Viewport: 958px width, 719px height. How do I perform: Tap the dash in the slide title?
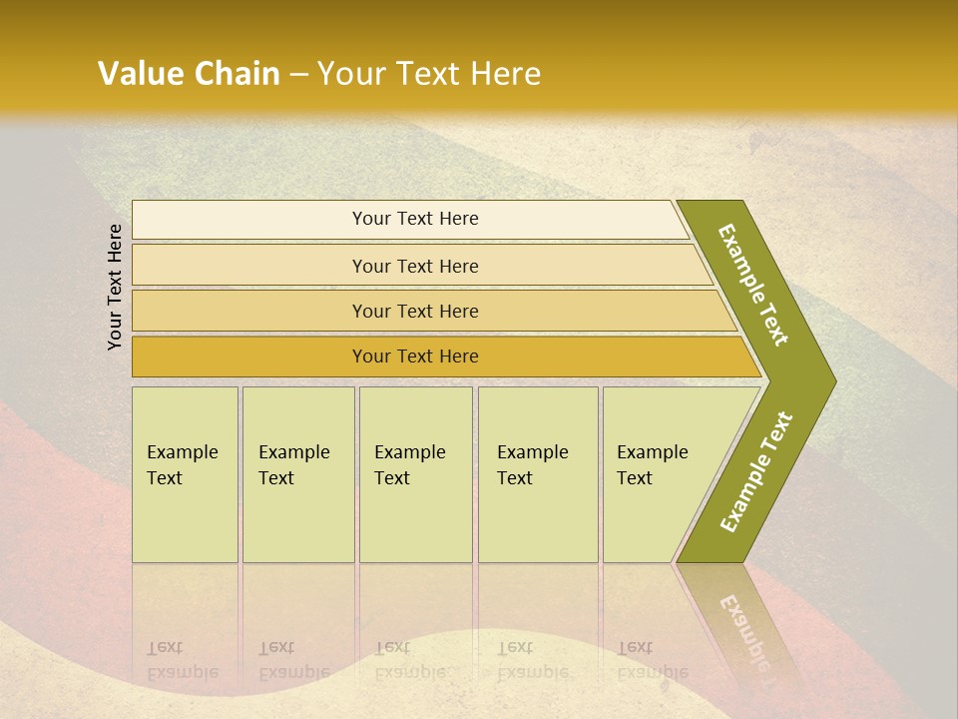tap(298, 75)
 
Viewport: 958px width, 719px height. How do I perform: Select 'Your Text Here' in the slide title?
tap(429, 74)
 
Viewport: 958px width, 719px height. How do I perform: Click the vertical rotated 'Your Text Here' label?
tap(115, 287)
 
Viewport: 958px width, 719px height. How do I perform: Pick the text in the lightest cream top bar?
tap(415, 219)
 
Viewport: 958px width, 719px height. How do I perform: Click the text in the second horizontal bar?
tap(415, 267)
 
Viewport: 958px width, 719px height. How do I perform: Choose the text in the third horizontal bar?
tap(415, 312)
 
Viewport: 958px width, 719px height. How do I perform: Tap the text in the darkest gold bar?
tap(415, 357)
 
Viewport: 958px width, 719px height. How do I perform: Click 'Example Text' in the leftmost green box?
tap(182, 465)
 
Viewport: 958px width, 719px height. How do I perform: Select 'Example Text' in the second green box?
tap(293, 465)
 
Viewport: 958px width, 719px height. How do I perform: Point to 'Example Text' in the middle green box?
tap(409, 465)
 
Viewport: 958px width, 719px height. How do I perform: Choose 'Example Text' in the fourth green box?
tap(532, 465)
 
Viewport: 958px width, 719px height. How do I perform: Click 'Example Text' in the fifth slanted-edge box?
tap(652, 465)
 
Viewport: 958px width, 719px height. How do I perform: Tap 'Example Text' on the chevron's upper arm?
tap(753, 285)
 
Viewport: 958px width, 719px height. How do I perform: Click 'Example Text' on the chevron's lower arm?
tap(756, 472)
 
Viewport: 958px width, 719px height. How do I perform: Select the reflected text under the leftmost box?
tap(182, 660)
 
